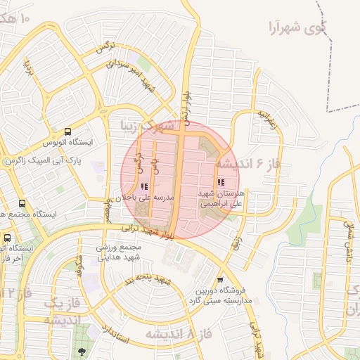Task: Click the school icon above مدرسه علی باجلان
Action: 145,187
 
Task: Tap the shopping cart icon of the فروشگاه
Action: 220,279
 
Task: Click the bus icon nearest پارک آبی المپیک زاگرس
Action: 67,131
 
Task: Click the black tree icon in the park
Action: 82,351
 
